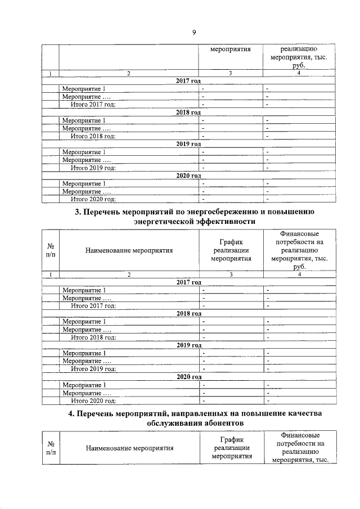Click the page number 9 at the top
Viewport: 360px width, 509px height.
(x=193, y=32)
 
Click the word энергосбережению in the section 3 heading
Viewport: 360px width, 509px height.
(x=219, y=211)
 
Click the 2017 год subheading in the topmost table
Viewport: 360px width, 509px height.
(x=188, y=81)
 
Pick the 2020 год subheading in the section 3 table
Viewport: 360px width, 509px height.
(x=188, y=377)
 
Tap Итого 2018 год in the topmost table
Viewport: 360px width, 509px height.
(x=93, y=136)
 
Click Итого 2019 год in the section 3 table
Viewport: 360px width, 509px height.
(x=93, y=369)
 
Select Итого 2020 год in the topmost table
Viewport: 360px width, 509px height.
(x=93, y=199)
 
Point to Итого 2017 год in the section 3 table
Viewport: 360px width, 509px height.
(x=93, y=305)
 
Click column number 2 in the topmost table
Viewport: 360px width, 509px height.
(x=129, y=74)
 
